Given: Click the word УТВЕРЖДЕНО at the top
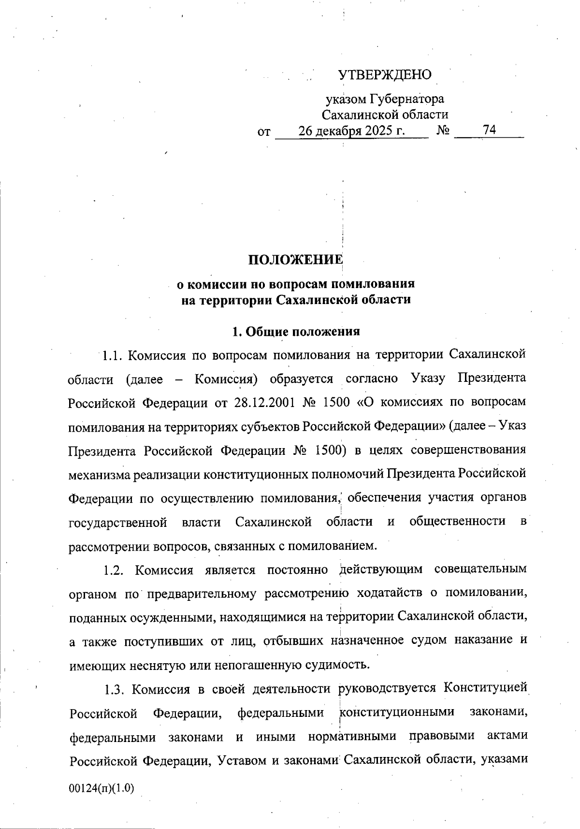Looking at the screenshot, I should [384, 74].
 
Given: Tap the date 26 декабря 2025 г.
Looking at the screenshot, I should [351, 131].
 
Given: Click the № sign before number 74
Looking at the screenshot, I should [443, 131].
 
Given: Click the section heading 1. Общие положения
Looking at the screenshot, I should [296, 332].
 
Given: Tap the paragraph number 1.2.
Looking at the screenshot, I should [114, 570].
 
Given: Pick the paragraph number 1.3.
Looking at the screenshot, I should [114, 689].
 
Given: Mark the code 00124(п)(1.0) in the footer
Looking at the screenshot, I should [101, 788].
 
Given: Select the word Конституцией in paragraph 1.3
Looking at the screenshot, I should [484, 688].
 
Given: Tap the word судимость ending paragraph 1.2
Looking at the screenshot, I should [338, 665].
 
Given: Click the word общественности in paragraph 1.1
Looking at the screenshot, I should [457, 522].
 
